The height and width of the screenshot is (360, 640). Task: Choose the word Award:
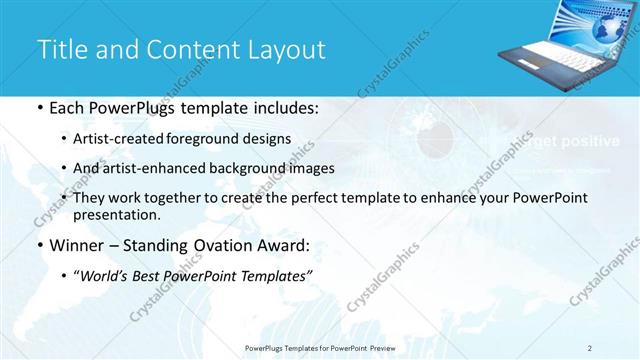[286, 244]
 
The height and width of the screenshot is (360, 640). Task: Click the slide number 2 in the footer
[590, 347]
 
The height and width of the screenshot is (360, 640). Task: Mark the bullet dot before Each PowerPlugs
[38, 108]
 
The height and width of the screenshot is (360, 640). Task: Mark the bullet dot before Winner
[38, 244]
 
